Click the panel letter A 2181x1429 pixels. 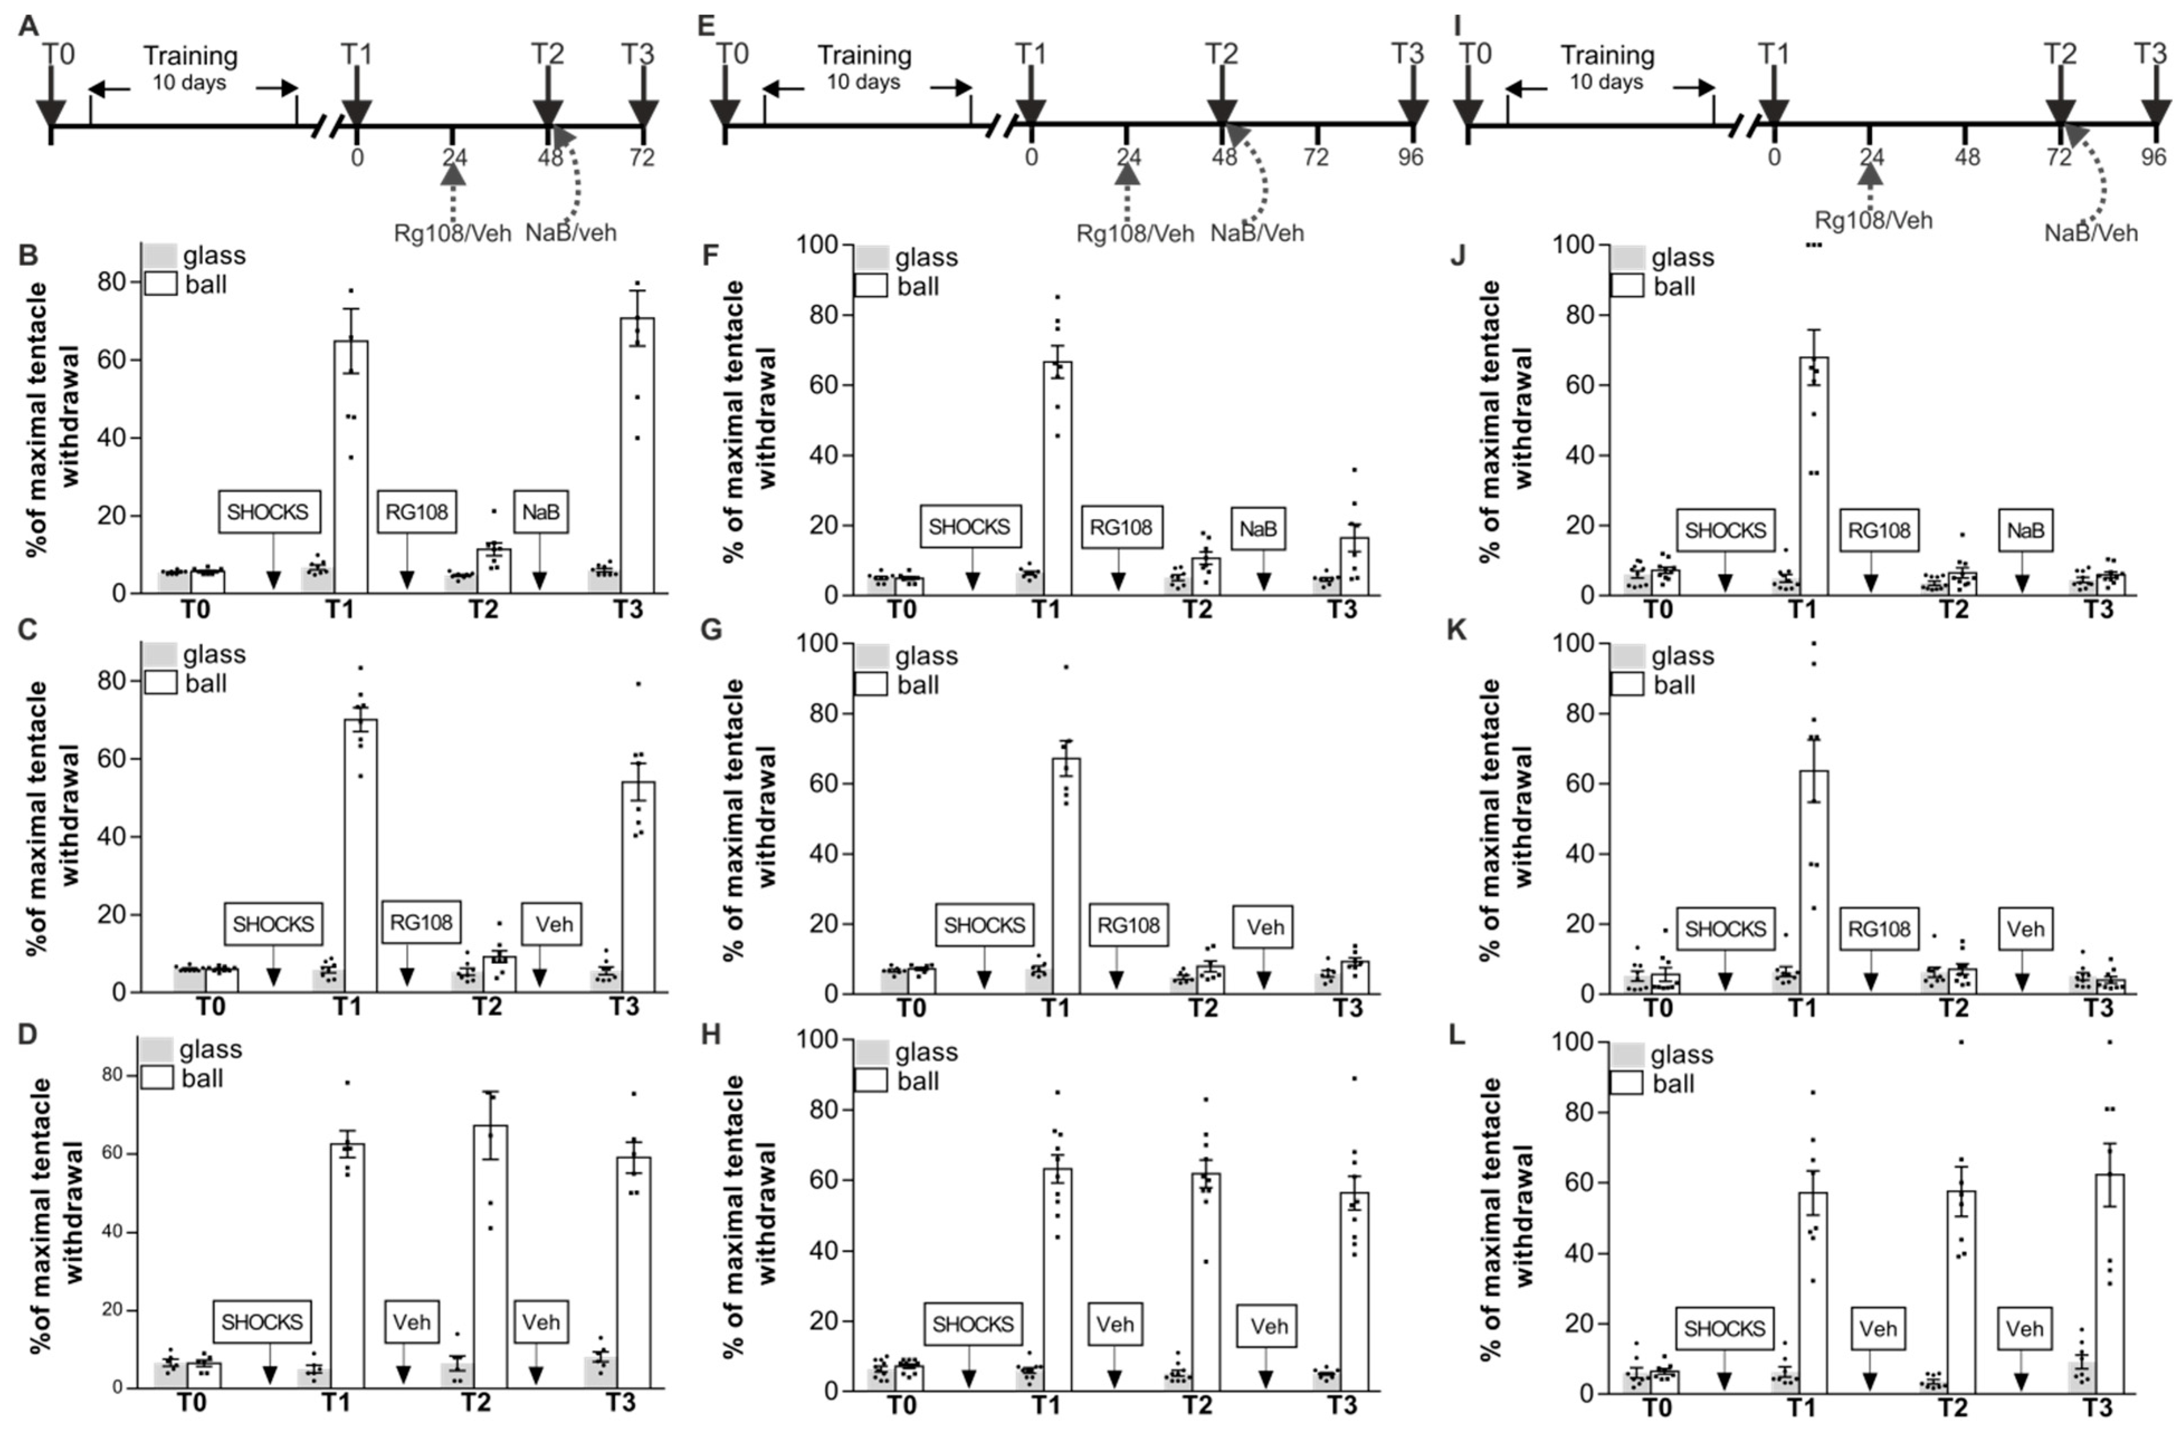tap(28, 25)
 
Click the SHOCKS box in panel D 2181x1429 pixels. tap(261, 1322)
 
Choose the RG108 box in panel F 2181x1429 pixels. tap(1121, 528)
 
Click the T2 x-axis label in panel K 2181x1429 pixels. tap(1954, 1009)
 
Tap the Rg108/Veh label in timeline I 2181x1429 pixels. tap(1873, 220)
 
